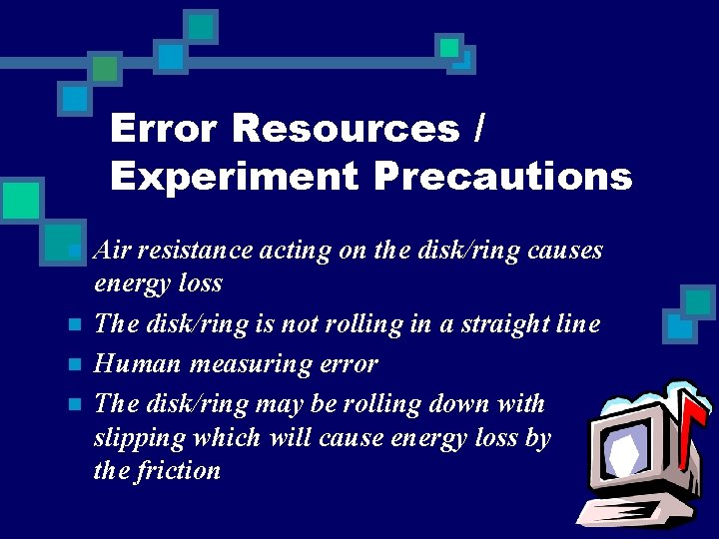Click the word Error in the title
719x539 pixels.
click(x=163, y=128)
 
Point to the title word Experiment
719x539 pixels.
click(x=234, y=177)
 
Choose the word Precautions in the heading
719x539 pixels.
click(x=503, y=177)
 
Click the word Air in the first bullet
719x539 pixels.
click(x=111, y=250)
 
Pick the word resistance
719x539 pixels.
click(x=196, y=250)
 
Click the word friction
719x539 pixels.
click(x=180, y=470)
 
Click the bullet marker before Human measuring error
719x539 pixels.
click(x=73, y=364)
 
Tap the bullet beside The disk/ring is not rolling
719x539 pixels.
click(x=73, y=324)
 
